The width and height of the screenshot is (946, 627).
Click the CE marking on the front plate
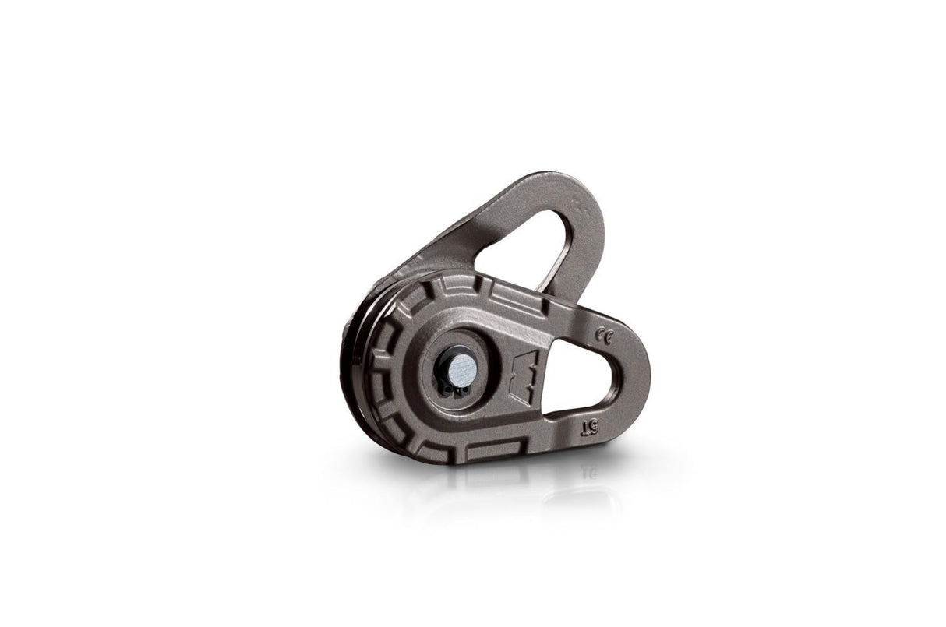tap(603, 336)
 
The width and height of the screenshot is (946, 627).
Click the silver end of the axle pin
tap(462, 368)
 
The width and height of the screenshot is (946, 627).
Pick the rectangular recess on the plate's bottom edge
tap(495, 449)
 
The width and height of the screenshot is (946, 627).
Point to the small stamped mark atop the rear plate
tap(577, 204)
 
